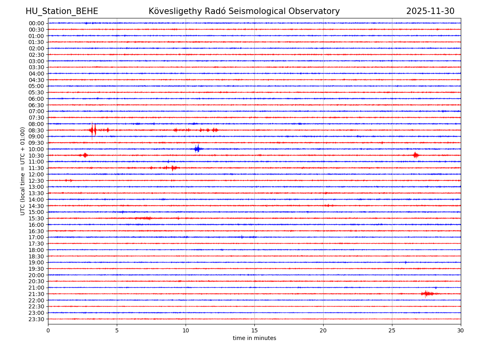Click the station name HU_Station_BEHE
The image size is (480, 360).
(62, 12)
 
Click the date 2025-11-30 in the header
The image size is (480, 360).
(430, 12)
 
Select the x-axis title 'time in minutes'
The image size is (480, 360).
(254, 338)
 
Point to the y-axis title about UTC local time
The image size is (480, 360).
(23, 171)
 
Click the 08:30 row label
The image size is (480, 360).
(36, 130)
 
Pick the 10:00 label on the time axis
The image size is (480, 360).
(36, 149)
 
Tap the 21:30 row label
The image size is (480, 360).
(36, 294)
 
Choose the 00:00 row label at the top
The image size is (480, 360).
(36, 23)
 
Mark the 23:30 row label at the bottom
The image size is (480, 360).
(36, 319)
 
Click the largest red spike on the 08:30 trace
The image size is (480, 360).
(92, 130)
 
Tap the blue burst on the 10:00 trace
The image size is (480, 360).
(197, 149)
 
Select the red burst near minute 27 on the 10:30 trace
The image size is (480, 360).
(416, 155)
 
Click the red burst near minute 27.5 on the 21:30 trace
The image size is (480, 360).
(426, 294)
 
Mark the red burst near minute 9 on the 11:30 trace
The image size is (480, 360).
(172, 168)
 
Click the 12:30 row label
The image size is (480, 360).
(36, 181)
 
